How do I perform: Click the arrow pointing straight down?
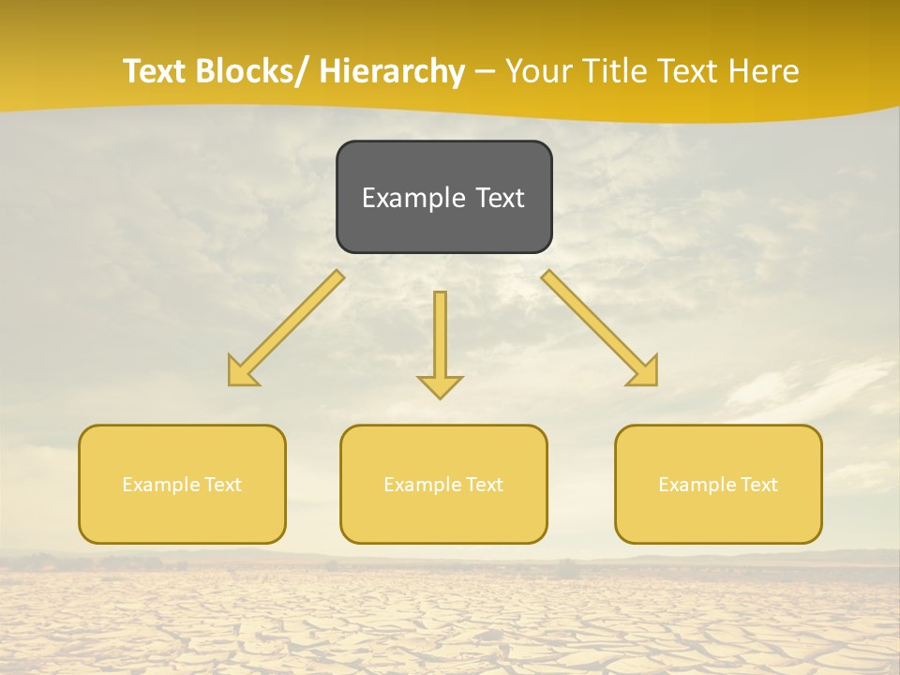coord(440,342)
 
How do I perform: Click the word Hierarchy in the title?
coord(392,71)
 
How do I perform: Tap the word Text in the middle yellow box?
coord(484,485)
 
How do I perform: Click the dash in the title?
coord(485,72)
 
